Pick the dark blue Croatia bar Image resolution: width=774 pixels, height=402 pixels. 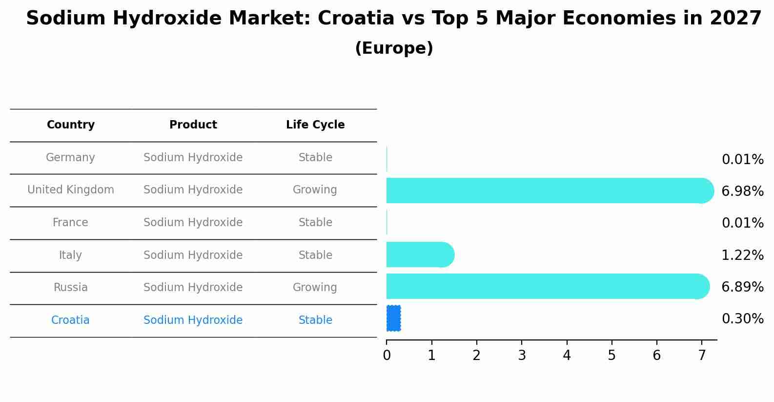point(393,318)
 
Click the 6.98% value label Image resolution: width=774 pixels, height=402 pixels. point(742,191)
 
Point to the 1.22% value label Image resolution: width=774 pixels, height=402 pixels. point(742,255)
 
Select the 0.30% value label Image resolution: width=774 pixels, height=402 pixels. point(742,319)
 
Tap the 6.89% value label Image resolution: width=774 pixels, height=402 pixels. point(742,287)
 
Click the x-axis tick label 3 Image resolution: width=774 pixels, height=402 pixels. point(522,356)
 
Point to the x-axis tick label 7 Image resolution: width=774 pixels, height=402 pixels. point(702,356)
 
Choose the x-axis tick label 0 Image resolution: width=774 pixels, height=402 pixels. point(387,356)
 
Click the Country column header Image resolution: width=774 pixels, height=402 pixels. point(71,125)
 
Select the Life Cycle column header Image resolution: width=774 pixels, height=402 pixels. point(315,125)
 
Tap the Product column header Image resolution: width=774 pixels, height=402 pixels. point(193,125)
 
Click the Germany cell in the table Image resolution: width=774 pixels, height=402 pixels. point(70,158)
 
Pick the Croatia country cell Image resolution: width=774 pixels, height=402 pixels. point(70,320)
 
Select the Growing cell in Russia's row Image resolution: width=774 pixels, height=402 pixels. point(315,288)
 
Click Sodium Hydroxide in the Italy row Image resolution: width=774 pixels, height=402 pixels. point(193,255)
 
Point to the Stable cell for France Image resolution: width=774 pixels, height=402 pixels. point(315,223)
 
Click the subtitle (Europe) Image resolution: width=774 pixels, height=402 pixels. point(394,48)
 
